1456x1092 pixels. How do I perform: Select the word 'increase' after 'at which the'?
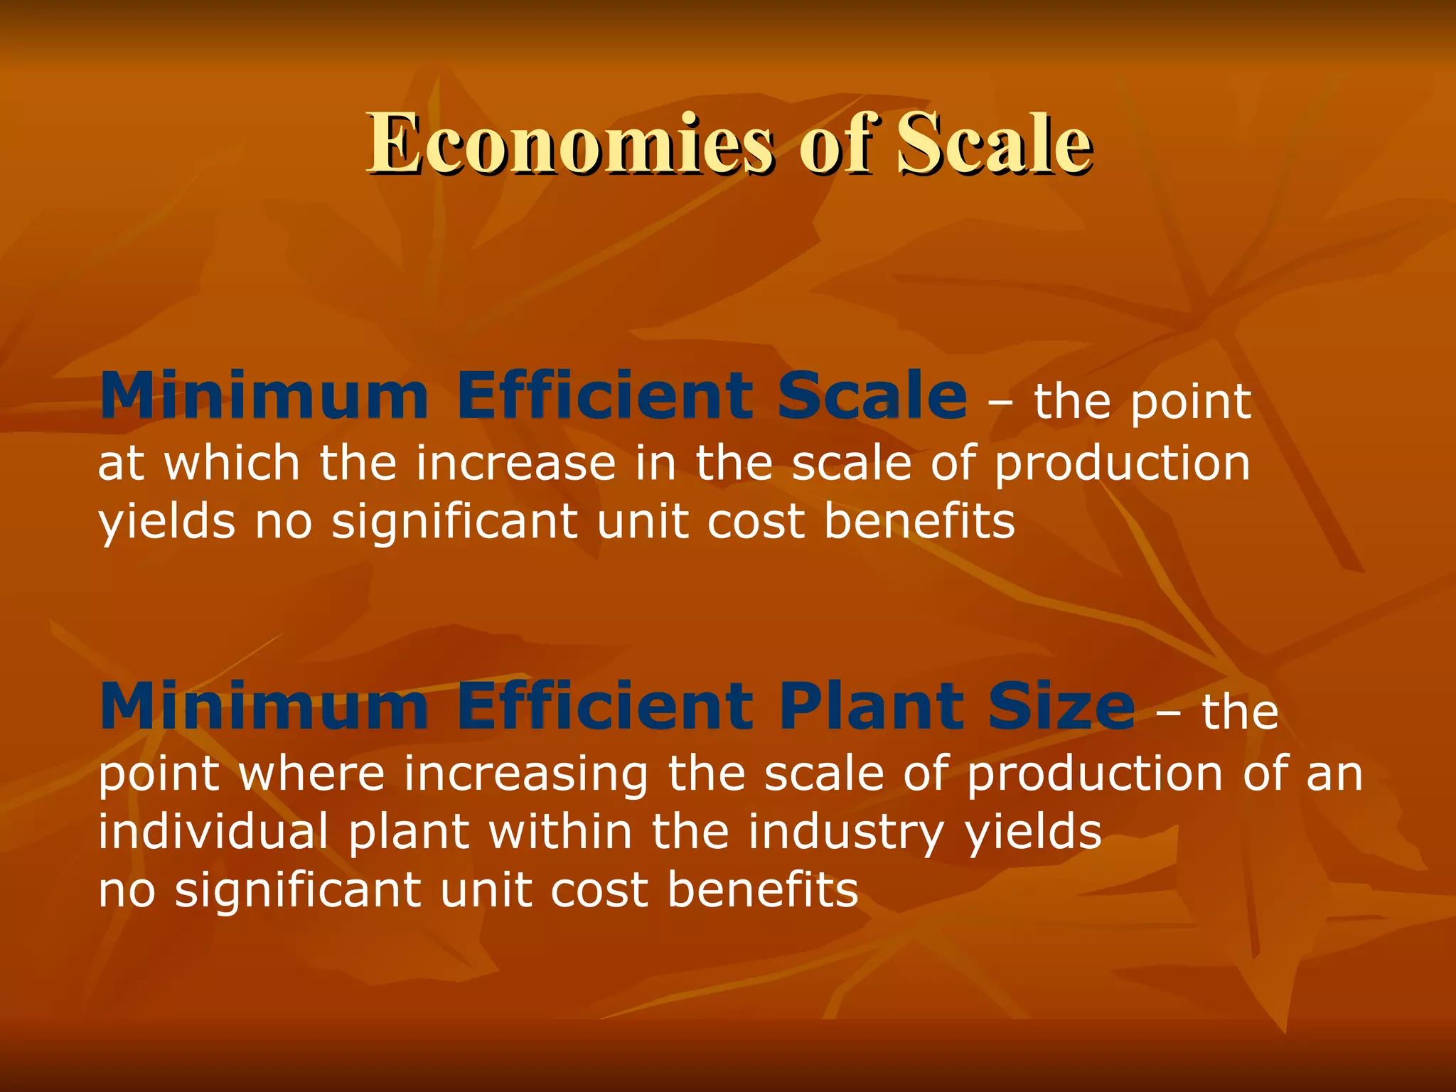[515, 463]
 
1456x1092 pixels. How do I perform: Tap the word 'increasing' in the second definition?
[526, 775]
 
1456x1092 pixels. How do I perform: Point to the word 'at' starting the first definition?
[121, 464]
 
